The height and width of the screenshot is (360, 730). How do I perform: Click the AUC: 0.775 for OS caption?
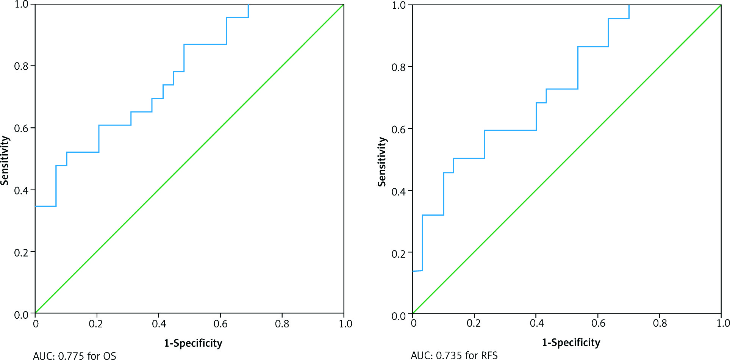coord(75,356)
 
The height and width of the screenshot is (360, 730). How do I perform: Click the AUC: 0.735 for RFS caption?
coord(454,355)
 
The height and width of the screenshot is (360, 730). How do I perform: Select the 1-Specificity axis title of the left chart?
coord(193,343)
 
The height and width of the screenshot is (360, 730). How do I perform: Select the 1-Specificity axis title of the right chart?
coord(571,343)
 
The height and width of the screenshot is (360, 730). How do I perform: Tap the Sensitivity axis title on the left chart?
coord(5,160)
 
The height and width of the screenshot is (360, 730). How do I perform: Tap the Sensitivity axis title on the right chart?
coord(382,162)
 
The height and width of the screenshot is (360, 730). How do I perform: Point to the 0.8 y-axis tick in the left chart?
coord(21,66)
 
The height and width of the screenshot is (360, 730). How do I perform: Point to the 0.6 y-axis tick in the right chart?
coord(399,129)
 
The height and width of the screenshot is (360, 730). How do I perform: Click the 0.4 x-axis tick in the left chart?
coord(159,324)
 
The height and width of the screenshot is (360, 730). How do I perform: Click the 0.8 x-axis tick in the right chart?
coord(660,323)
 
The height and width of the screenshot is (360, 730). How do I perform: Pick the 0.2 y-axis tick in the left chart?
coord(21,252)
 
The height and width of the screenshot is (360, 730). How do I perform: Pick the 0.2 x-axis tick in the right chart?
coord(474,323)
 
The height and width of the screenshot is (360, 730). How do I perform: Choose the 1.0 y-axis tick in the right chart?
coord(399,5)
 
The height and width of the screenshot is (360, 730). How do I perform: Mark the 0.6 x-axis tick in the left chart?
coord(220,324)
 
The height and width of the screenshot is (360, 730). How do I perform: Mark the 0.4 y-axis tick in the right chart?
coord(399,191)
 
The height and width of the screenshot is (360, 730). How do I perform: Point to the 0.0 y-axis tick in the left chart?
coord(21,315)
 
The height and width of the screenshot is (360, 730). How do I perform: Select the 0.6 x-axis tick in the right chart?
coord(598,323)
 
